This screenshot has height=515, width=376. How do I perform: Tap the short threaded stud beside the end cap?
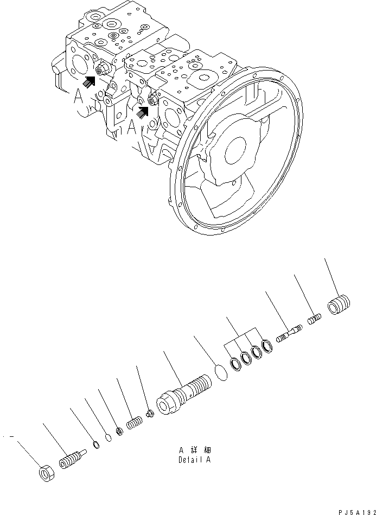click(x=315, y=319)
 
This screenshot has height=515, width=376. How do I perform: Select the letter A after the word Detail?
click(x=208, y=460)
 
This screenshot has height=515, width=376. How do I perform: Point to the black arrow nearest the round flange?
click(x=143, y=111)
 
